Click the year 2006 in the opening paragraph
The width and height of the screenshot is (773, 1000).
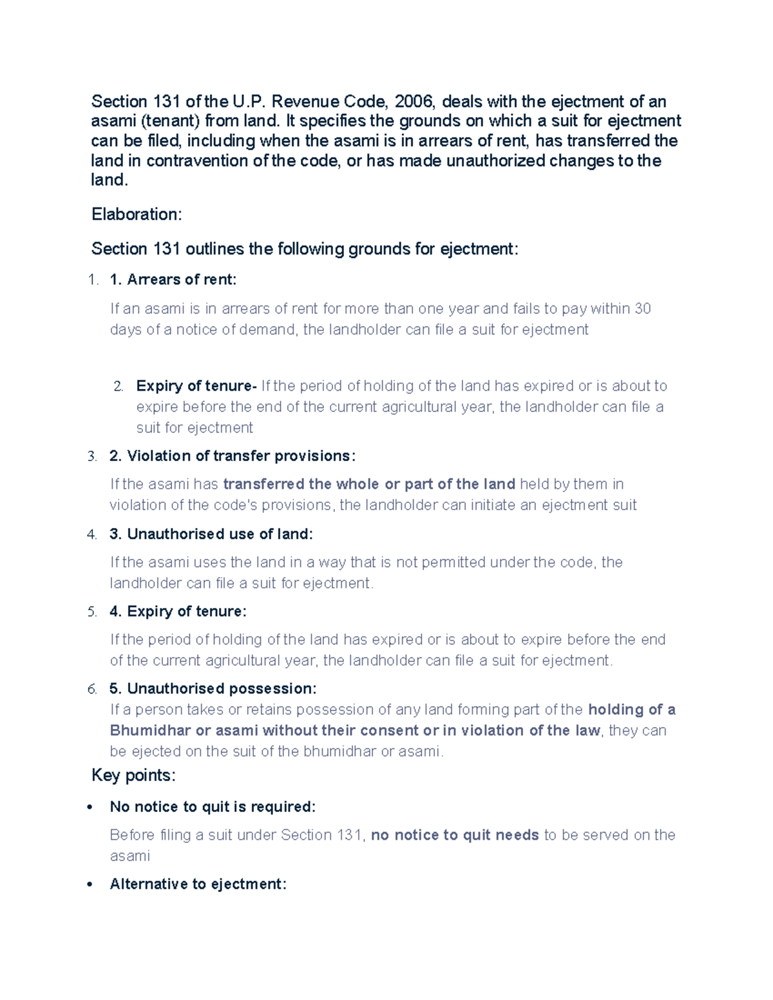415,102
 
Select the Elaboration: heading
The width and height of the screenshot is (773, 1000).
137,214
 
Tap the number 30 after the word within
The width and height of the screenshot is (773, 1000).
642,309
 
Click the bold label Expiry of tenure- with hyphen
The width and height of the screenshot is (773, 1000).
196,386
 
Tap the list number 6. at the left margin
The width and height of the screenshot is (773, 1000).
92,689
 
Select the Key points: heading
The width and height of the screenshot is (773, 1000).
133,775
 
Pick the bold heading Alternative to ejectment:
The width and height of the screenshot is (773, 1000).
198,884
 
